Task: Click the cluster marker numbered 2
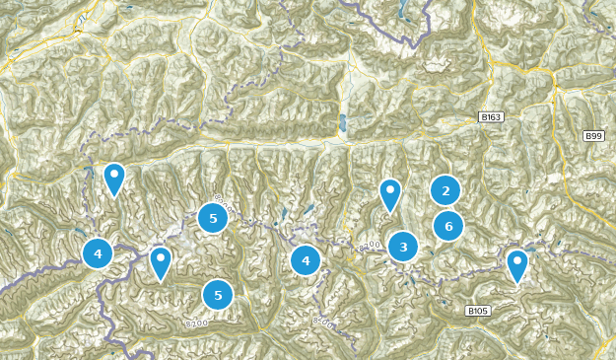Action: (x=445, y=190)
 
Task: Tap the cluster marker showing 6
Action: (x=448, y=226)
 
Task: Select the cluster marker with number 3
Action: (x=403, y=247)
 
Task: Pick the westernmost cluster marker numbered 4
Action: (x=98, y=253)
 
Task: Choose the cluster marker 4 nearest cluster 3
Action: (x=306, y=260)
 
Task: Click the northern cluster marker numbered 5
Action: (x=213, y=218)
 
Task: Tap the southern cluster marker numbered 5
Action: (x=218, y=295)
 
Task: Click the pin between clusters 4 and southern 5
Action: (x=161, y=262)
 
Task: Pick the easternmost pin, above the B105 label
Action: (x=517, y=265)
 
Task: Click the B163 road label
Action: (x=491, y=117)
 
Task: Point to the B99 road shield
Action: (x=593, y=136)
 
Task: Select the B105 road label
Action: (x=478, y=311)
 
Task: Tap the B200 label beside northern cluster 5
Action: (x=226, y=206)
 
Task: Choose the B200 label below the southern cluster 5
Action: (x=195, y=323)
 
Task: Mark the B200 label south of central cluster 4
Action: (x=323, y=322)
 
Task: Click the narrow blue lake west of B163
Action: (x=342, y=123)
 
